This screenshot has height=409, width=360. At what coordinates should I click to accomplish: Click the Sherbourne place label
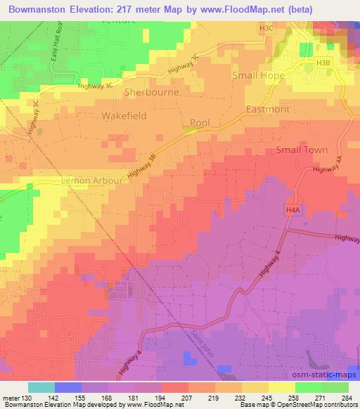(151, 92)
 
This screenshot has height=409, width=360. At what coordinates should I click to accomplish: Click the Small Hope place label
(259, 74)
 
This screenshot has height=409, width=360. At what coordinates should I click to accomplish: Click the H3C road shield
(266, 27)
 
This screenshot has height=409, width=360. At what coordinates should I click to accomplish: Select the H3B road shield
(323, 63)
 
